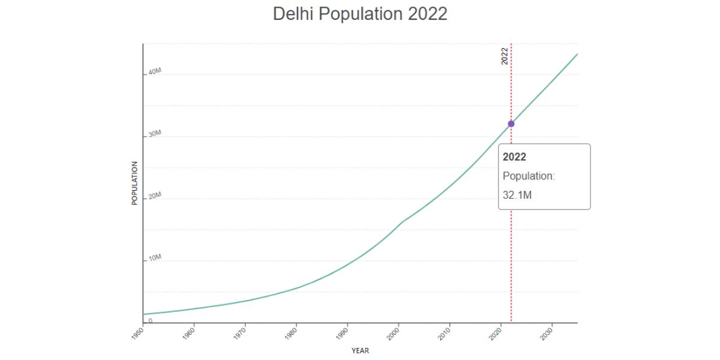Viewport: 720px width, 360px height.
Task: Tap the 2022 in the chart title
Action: pos(427,14)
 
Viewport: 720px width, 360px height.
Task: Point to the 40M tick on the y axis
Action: pos(155,71)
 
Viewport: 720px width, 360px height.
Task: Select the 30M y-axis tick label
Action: pos(155,134)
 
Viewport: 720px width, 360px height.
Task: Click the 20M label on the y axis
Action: pos(155,196)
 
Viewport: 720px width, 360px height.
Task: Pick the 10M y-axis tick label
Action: pos(155,258)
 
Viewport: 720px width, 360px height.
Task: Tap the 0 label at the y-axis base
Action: pos(151,320)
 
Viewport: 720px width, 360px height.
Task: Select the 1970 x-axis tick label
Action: pos(239,334)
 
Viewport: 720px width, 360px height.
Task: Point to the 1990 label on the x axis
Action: pos(341,334)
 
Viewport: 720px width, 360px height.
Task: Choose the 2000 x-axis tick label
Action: pos(392,334)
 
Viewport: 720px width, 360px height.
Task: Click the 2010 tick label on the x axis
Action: pos(443,334)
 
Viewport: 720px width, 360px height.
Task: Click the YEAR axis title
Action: pos(360,351)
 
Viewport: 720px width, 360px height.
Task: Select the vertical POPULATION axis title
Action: pos(135,183)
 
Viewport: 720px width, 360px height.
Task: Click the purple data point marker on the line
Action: pos(511,124)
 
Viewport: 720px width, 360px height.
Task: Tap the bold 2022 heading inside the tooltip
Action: pos(514,157)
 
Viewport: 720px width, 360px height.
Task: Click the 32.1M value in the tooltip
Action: pos(517,195)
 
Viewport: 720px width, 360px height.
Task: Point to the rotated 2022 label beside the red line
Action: pos(505,56)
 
